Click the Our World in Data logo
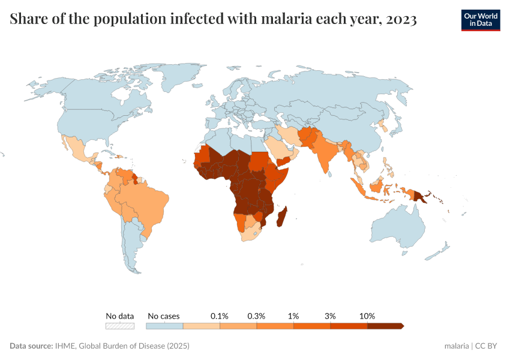point(480,20)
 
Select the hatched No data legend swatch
point(120,326)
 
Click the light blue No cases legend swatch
point(164,326)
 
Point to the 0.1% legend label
point(220,316)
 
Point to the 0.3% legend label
point(256,316)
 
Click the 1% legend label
point(293,316)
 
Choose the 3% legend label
point(330,316)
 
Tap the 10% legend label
point(367,316)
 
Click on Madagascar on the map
point(281,217)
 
